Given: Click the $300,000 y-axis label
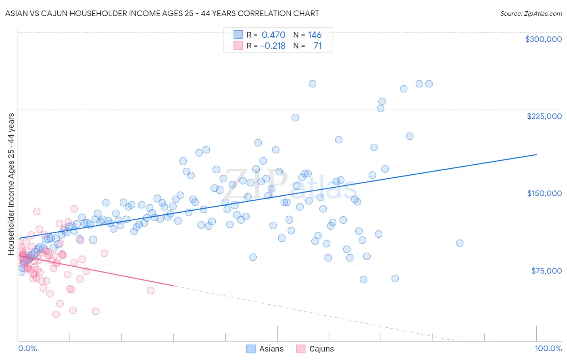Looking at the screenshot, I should click(x=543, y=39).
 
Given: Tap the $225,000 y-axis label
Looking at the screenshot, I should click(x=544, y=116).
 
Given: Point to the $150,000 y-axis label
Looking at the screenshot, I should click(x=544, y=193).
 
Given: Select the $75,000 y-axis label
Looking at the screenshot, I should click(x=546, y=271).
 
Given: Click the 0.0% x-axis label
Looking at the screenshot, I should click(x=27, y=348).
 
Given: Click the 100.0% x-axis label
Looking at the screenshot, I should click(x=548, y=348).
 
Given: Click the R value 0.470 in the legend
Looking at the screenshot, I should click(x=273, y=35).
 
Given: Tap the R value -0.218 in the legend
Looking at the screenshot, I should click(x=273, y=46).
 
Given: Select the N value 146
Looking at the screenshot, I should click(x=315, y=35).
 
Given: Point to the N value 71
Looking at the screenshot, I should click(x=317, y=46).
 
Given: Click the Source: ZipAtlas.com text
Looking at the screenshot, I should click(x=531, y=13).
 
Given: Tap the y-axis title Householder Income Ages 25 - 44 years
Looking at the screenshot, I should click(x=11, y=184).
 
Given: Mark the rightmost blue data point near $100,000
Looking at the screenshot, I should click(x=459, y=243).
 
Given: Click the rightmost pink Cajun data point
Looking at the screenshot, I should click(x=150, y=291).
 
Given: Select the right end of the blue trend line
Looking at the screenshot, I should click(x=536, y=155).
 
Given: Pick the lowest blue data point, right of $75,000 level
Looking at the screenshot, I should click(x=363, y=279).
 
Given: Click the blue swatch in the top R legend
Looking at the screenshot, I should click(x=238, y=35).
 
